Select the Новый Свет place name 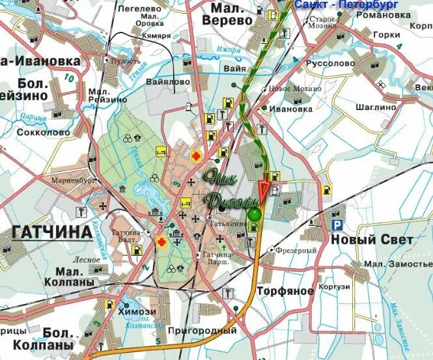372,240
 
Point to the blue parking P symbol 337,225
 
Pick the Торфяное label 285,290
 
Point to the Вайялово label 168,82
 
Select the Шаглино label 376,107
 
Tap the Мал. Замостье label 397,264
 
